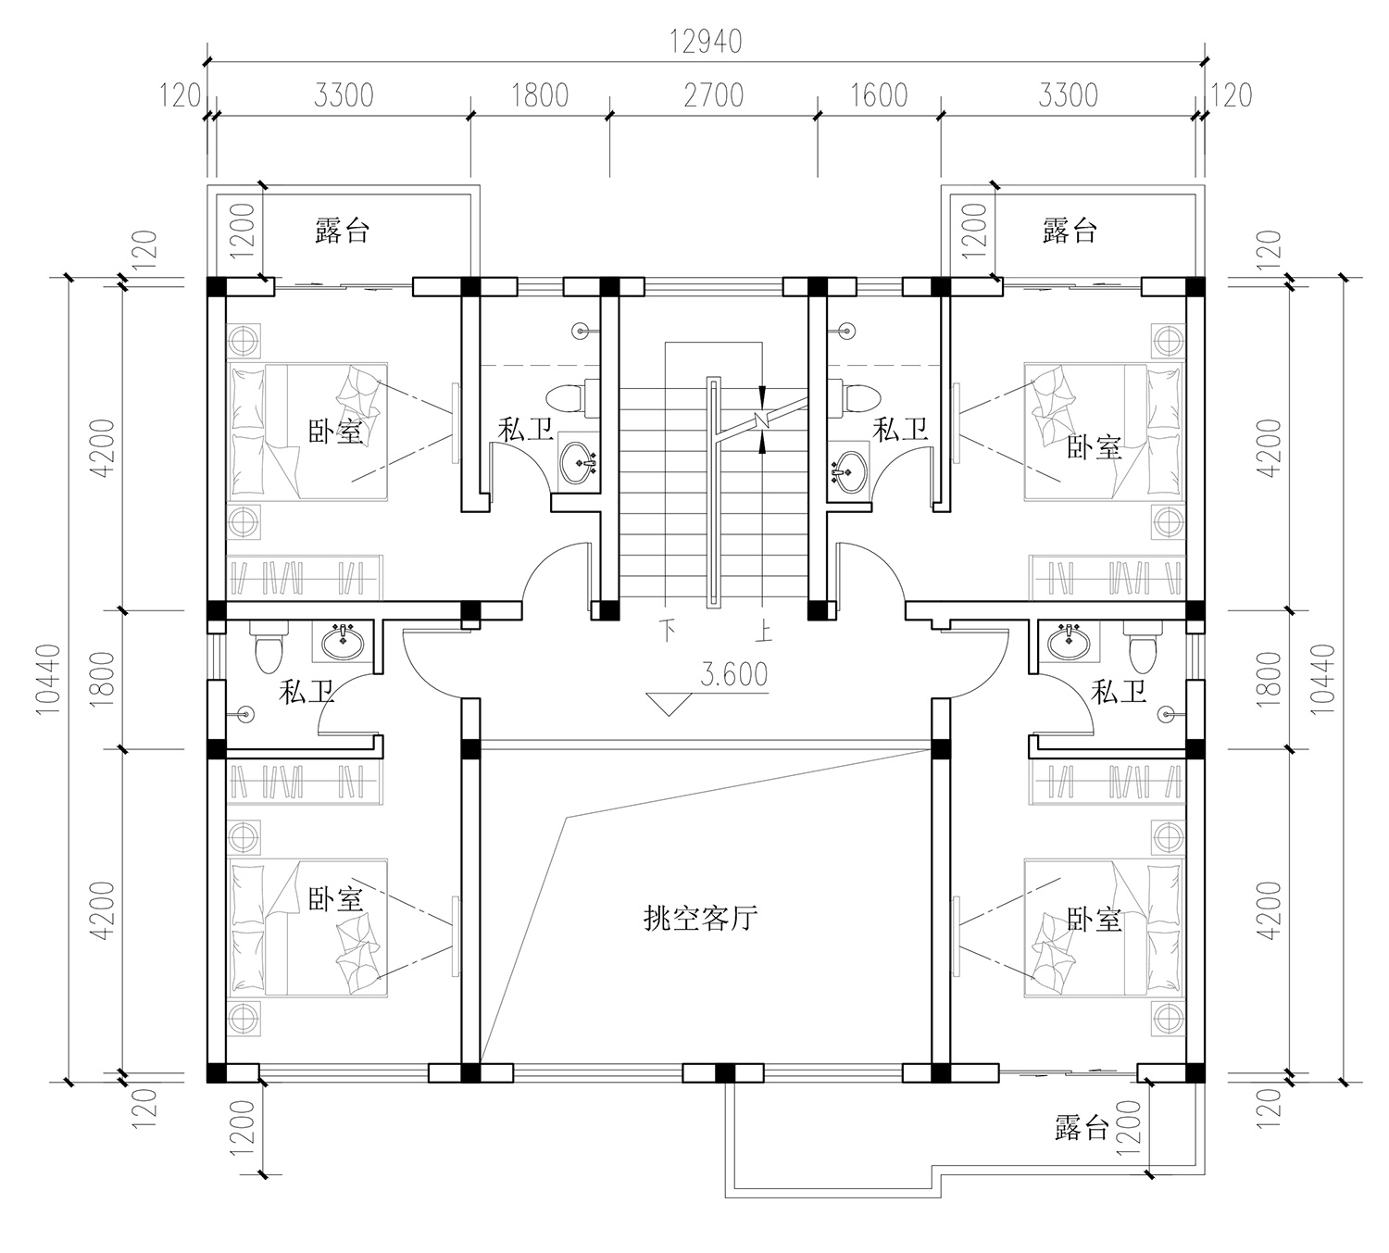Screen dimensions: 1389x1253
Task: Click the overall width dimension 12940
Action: [706, 43]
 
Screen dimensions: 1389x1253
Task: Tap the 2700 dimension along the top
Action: [714, 95]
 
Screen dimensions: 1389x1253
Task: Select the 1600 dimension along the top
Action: [879, 95]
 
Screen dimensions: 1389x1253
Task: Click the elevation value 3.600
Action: [734, 674]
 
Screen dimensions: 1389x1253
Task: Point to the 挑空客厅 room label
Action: [701, 919]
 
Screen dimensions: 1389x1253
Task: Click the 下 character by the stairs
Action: [668, 631]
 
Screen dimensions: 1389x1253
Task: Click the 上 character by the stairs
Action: [763, 631]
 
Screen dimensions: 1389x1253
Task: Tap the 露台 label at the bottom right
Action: [1082, 1128]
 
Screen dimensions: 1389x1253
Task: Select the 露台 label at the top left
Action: [342, 230]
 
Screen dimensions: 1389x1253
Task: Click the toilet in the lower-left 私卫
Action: [269, 647]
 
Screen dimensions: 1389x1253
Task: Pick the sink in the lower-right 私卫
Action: [1070, 642]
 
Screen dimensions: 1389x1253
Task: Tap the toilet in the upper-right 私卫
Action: [857, 397]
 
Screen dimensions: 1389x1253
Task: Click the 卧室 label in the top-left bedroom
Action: [335, 432]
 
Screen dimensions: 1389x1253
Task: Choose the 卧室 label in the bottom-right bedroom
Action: [1094, 919]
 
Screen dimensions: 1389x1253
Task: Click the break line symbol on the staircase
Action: [762, 420]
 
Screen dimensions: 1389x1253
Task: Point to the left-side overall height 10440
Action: [48, 679]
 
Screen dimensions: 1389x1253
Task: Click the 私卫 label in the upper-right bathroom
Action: [900, 430]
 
